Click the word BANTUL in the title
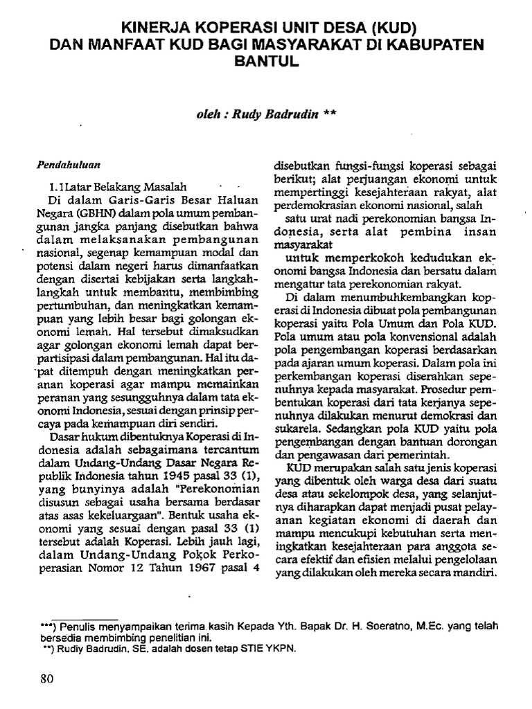(x=266, y=60)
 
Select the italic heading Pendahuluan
(x=69, y=165)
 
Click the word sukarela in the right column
(x=296, y=429)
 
